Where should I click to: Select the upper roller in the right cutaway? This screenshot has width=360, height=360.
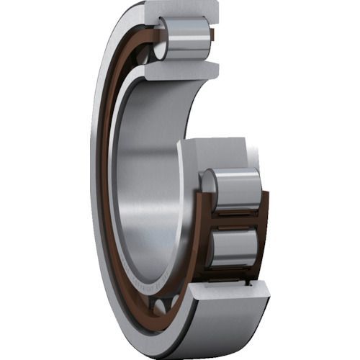[234, 188]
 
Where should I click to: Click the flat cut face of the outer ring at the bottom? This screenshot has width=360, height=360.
[230, 292]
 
